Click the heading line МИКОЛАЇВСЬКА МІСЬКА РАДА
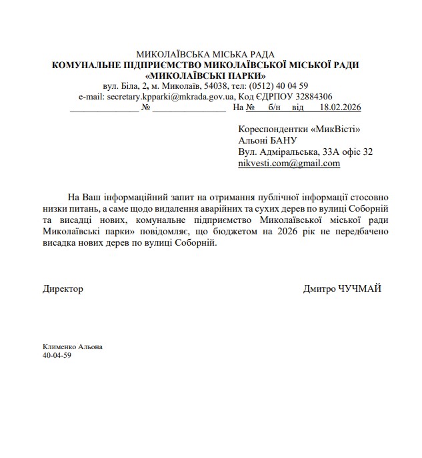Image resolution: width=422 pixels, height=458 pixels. [x=205, y=54]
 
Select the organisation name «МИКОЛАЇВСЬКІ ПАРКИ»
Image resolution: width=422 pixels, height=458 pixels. [x=205, y=75]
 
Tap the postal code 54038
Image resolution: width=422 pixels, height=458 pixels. [x=213, y=86]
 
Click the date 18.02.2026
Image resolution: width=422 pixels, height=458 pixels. [x=340, y=107]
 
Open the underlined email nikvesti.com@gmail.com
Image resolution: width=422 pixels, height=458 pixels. [x=289, y=163]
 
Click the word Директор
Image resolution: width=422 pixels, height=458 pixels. [x=63, y=289]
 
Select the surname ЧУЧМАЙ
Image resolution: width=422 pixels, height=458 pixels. [x=361, y=289]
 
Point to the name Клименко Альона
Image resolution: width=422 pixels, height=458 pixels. [x=73, y=347]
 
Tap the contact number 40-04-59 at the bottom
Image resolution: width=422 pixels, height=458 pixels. [x=57, y=355]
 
